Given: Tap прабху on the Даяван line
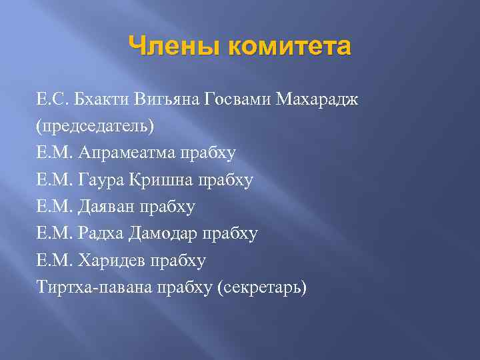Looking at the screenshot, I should [167, 207].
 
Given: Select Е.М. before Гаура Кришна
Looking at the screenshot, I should [54, 180].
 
